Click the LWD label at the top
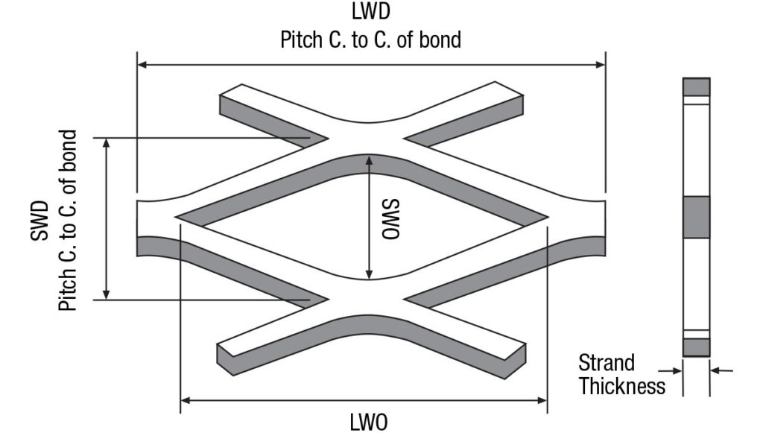point(370,12)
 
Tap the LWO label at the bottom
point(369,422)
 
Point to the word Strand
point(607,363)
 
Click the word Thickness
point(621,386)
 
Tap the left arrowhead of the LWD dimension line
point(142,65)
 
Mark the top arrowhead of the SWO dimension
point(369,159)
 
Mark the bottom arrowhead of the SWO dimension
point(369,275)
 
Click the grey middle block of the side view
point(696,217)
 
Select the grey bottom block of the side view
point(696,347)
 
